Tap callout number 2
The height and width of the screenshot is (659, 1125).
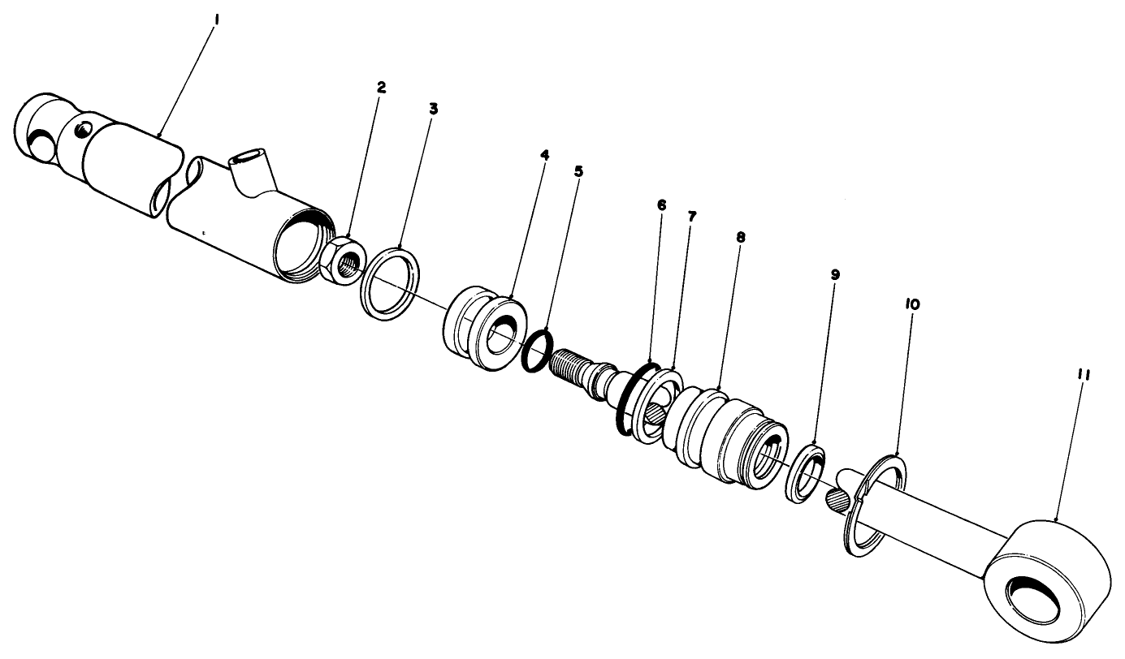pos(381,86)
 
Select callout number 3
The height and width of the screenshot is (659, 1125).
pos(433,108)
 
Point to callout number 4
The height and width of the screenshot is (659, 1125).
pos(544,153)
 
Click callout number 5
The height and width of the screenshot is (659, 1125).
pos(578,171)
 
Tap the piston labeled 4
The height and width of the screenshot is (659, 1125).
pos(483,331)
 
